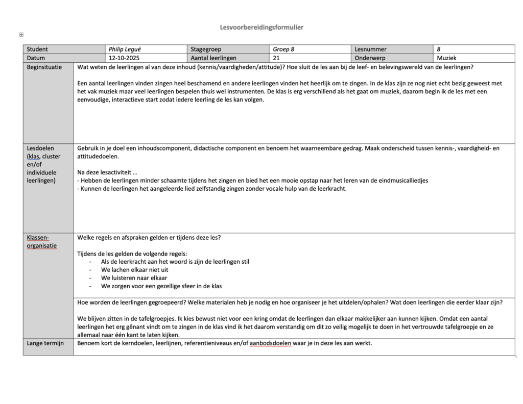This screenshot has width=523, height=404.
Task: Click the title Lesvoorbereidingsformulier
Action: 261,27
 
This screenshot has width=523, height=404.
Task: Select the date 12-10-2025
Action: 124,58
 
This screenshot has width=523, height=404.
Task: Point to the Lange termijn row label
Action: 45,343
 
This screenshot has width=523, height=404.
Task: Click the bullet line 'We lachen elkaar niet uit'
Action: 134,270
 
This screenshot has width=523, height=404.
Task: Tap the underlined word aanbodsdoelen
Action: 271,343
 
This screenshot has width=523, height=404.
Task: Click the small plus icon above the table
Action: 21,35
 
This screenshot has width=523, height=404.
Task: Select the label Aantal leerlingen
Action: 213,58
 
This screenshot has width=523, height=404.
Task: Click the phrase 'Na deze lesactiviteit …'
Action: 107,172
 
